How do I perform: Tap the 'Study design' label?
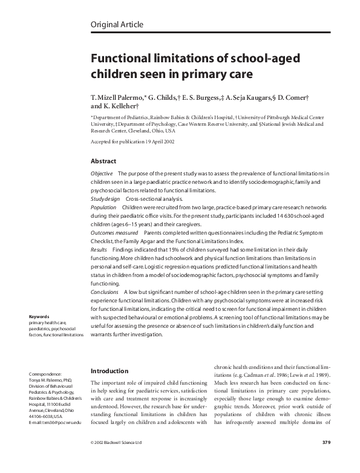click(x=104, y=198)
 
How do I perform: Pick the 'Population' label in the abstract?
click(x=103, y=207)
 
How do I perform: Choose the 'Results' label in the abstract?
click(x=99, y=249)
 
